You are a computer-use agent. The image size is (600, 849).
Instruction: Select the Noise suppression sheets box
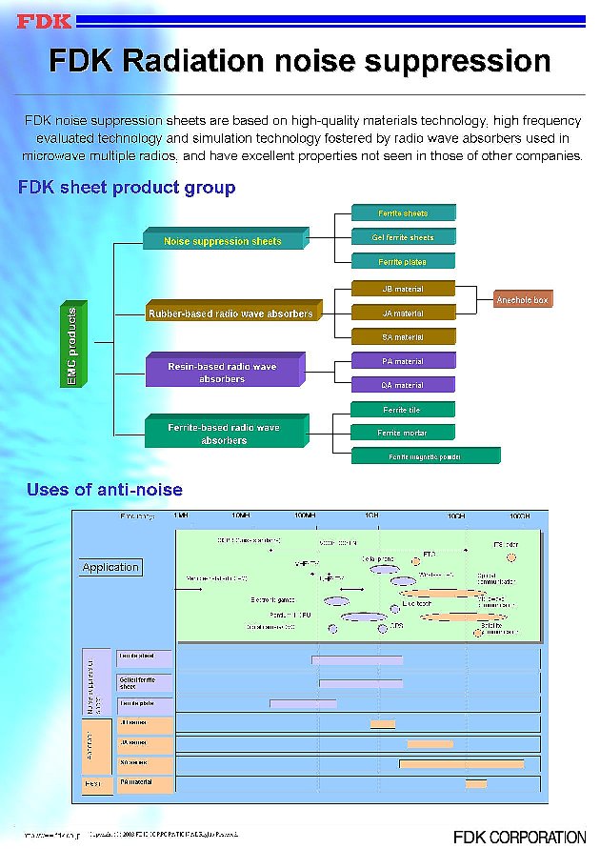click(224, 241)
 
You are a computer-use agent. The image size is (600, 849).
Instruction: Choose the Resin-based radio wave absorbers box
click(222, 373)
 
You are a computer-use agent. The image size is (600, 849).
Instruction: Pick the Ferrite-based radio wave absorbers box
click(224, 434)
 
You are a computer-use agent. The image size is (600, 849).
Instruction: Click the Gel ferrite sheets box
click(403, 237)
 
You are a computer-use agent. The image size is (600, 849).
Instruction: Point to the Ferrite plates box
click(403, 262)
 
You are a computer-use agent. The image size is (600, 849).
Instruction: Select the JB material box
click(403, 289)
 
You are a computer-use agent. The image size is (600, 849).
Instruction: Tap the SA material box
click(403, 337)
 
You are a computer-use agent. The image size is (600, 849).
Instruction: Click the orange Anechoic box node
click(523, 300)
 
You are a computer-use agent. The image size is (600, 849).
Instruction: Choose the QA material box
click(403, 385)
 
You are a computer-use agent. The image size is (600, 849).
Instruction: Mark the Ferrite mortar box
click(403, 434)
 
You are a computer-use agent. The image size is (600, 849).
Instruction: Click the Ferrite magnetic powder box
click(425, 457)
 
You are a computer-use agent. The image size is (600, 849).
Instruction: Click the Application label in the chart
click(110, 567)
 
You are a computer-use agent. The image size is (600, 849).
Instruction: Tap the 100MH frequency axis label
click(305, 515)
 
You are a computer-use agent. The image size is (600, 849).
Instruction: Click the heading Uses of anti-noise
click(105, 490)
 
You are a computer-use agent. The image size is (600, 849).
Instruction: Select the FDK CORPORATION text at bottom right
click(519, 838)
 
